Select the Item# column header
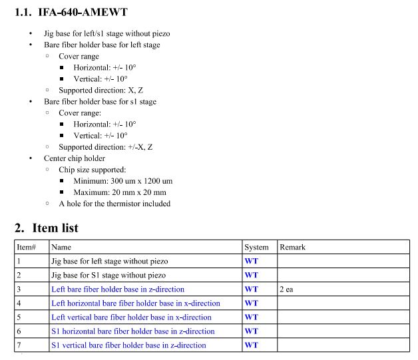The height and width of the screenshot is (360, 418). point(26,247)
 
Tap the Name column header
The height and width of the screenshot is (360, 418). point(61,247)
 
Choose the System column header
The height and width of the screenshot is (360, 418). point(256,247)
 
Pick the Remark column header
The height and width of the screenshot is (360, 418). point(292,247)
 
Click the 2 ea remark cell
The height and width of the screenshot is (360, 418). point(288,289)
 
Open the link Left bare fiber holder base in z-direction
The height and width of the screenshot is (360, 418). point(117,289)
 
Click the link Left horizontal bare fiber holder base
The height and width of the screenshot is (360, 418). point(135,303)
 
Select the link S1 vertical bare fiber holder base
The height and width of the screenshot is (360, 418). point(128,345)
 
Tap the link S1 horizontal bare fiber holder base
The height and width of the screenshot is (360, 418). point(132,331)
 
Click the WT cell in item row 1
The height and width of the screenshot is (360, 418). point(251,261)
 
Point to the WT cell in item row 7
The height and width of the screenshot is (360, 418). point(251,345)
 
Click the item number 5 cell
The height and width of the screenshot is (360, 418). point(19,317)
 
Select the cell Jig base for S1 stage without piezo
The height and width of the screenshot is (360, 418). point(108,275)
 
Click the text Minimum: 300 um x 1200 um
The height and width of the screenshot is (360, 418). point(122,180)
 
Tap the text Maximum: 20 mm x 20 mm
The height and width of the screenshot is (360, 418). point(119,192)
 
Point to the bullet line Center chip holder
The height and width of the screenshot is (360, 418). point(75,158)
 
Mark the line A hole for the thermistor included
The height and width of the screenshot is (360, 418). point(114,204)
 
